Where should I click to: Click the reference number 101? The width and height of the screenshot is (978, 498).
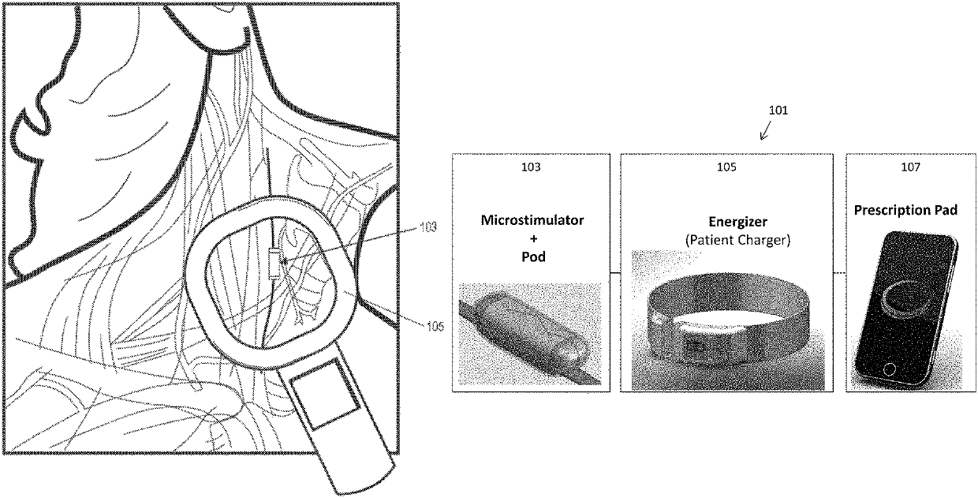tap(777, 111)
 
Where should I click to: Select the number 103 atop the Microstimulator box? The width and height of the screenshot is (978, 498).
tap(531, 167)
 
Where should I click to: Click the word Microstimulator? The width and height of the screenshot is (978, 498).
tap(531, 219)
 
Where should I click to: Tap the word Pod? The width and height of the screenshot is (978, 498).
tap(531, 258)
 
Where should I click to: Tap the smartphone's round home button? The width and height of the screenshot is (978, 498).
tap(891, 369)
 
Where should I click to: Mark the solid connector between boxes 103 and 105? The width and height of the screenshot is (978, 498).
tap(615, 273)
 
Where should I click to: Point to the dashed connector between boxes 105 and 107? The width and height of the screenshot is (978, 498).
tap(840, 273)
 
